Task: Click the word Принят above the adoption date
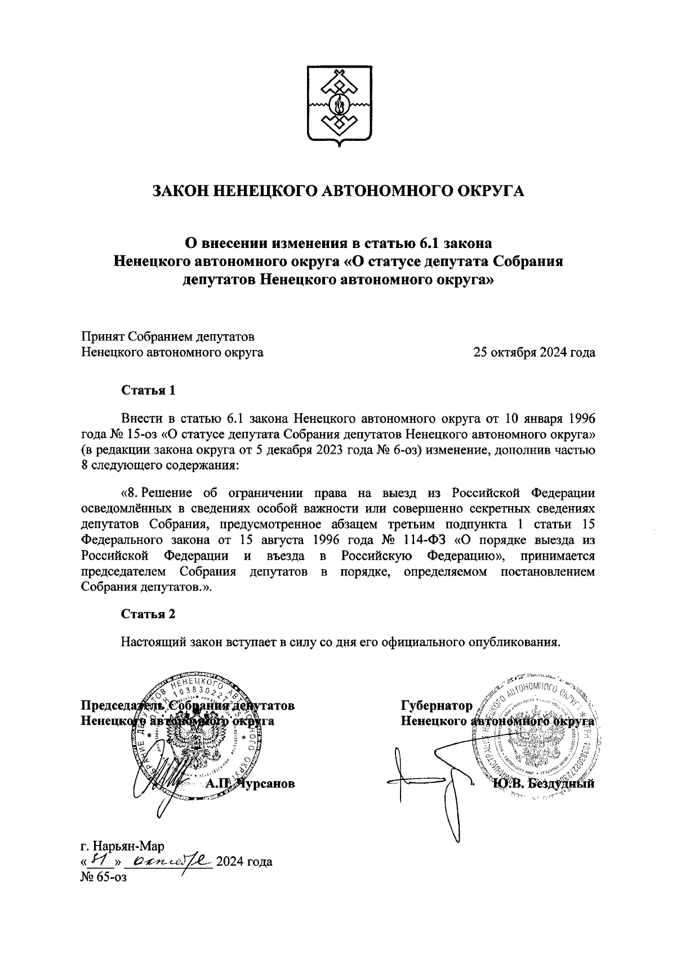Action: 102,337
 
